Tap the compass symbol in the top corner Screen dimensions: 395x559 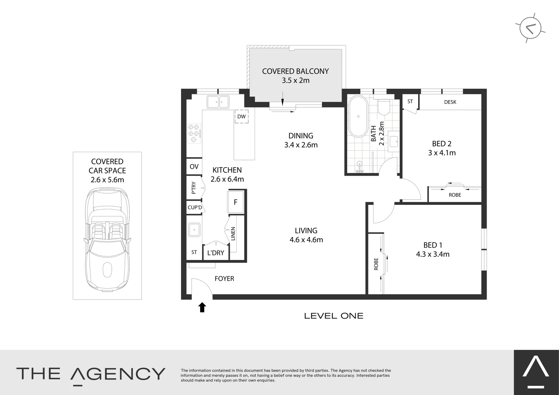coord(530,28)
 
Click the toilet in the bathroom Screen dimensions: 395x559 coord(383,108)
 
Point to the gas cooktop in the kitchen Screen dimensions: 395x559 coord(194,133)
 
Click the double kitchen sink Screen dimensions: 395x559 coord(218,102)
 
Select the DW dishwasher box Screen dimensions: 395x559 coord(241,117)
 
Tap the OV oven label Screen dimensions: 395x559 coord(194,167)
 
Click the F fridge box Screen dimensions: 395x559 coord(236,202)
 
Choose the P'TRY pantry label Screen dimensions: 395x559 coord(194,188)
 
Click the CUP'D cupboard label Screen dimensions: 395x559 coord(195,208)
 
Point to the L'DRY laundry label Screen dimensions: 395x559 coord(215,253)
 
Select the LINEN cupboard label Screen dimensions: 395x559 coord(233,234)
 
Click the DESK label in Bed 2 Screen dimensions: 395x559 coord(450,102)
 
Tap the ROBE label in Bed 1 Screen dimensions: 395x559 coord(376,264)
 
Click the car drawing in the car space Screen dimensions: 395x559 coord(107,240)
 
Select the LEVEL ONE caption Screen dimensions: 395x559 coord(334,316)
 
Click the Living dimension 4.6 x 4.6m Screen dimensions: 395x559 coord(306,240)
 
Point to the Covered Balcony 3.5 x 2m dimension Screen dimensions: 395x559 coord(295,80)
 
